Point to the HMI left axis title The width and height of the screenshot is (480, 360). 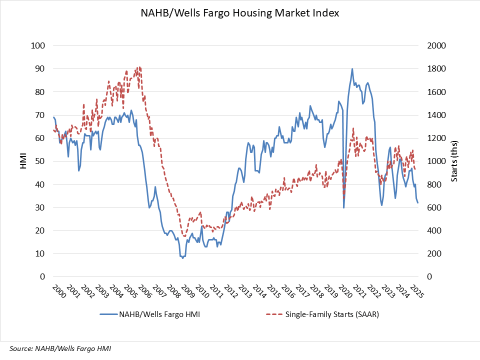[x=23, y=161]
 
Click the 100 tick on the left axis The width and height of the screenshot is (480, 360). [x=40, y=46]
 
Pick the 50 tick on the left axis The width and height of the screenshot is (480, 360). [x=42, y=161]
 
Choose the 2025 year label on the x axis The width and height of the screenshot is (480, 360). [x=417, y=292]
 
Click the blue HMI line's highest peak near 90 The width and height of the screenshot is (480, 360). [x=351, y=69]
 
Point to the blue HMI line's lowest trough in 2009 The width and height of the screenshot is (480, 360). [x=182, y=258]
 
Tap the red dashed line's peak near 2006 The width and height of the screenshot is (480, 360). [x=138, y=67]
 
